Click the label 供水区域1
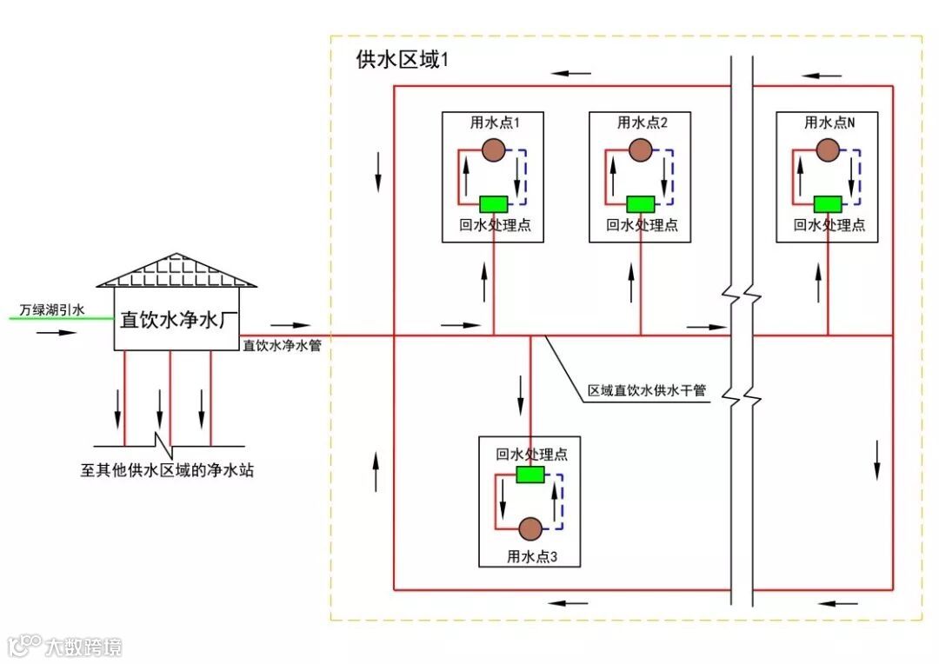click(403, 59)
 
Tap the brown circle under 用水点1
click(494, 149)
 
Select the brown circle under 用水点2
click(641, 149)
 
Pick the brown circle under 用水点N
click(827, 149)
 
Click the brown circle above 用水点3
click(529, 528)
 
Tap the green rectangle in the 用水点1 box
click(494, 203)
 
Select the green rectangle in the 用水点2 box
click(641, 203)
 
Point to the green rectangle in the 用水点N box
click(827, 203)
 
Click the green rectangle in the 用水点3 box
click(529, 475)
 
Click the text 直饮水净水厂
click(178, 321)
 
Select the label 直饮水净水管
click(283, 346)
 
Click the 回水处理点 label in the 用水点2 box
click(642, 226)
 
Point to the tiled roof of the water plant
click(176, 272)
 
